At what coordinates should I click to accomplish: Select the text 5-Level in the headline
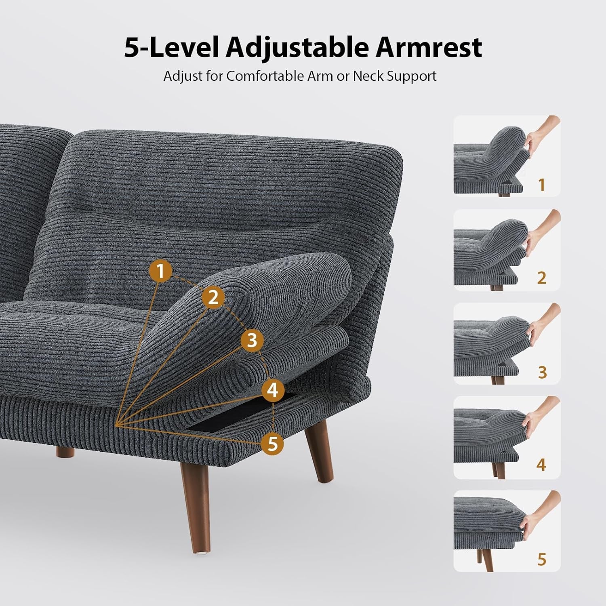click(171, 48)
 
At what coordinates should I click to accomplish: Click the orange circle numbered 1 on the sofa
click(161, 271)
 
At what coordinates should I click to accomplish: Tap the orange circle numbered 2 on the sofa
click(213, 297)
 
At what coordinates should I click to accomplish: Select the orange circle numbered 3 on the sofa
click(252, 340)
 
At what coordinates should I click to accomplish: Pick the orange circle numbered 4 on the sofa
click(273, 390)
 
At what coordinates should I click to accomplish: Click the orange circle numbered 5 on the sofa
click(273, 444)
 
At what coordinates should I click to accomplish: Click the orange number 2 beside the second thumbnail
click(542, 278)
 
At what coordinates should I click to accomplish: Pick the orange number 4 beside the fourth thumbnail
click(541, 465)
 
